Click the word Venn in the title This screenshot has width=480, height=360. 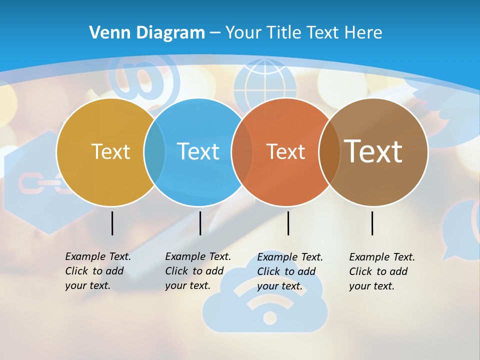[106, 33]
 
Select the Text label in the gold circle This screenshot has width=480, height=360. [110, 151]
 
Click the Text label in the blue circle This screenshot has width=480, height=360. [198, 151]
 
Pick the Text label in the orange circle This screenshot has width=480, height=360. [285, 151]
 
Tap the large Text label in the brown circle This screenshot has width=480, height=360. [373, 151]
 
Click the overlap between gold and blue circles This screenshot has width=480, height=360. [154, 152]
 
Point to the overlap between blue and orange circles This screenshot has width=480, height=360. [242, 152]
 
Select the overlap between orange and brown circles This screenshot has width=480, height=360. [329, 152]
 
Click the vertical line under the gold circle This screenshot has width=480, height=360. [112, 223]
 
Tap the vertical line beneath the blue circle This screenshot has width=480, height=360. [200, 223]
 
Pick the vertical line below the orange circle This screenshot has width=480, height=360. [288, 223]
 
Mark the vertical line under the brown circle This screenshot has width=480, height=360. [372, 223]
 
